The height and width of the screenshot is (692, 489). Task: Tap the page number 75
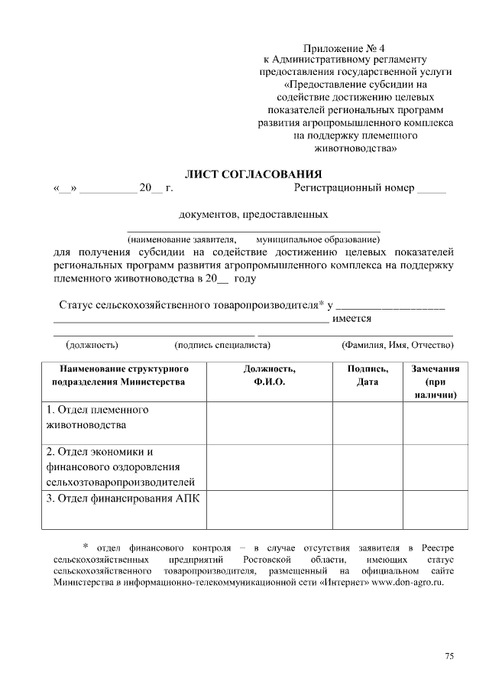pyautogui.click(x=449, y=657)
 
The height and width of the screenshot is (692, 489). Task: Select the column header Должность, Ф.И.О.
pyautogui.click(x=269, y=375)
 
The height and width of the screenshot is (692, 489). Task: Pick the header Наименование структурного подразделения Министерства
pyautogui.click(x=123, y=375)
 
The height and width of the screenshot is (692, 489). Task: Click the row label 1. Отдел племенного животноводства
pyautogui.click(x=96, y=417)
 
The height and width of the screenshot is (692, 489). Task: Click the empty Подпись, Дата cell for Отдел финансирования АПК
pyautogui.click(x=367, y=509)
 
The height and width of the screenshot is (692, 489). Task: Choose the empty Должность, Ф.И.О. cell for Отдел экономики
pyautogui.click(x=269, y=466)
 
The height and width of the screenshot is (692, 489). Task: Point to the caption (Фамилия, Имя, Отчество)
pyautogui.click(x=397, y=345)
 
